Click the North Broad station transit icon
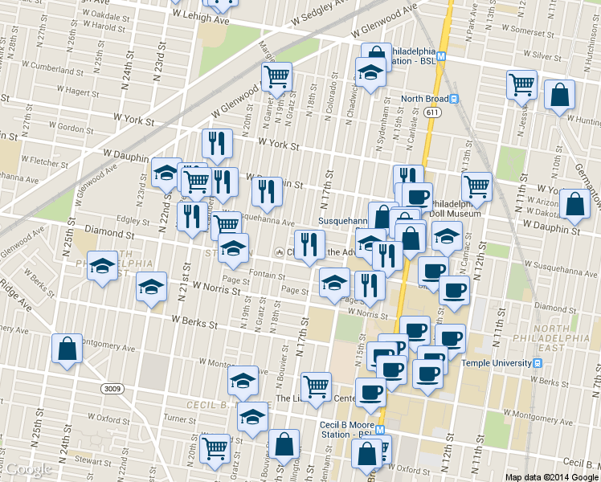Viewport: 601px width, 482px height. pyautogui.click(x=454, y=100)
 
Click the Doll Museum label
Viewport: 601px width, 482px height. pyautogui.click(x=460, y=214)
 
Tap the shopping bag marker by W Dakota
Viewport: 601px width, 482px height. pyautogui.click(x=575, y=205)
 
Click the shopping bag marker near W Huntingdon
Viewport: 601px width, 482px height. pyautogui.click(x=559, y=95)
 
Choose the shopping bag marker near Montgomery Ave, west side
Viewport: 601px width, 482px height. pyautogui.click(x=67, y=349)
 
